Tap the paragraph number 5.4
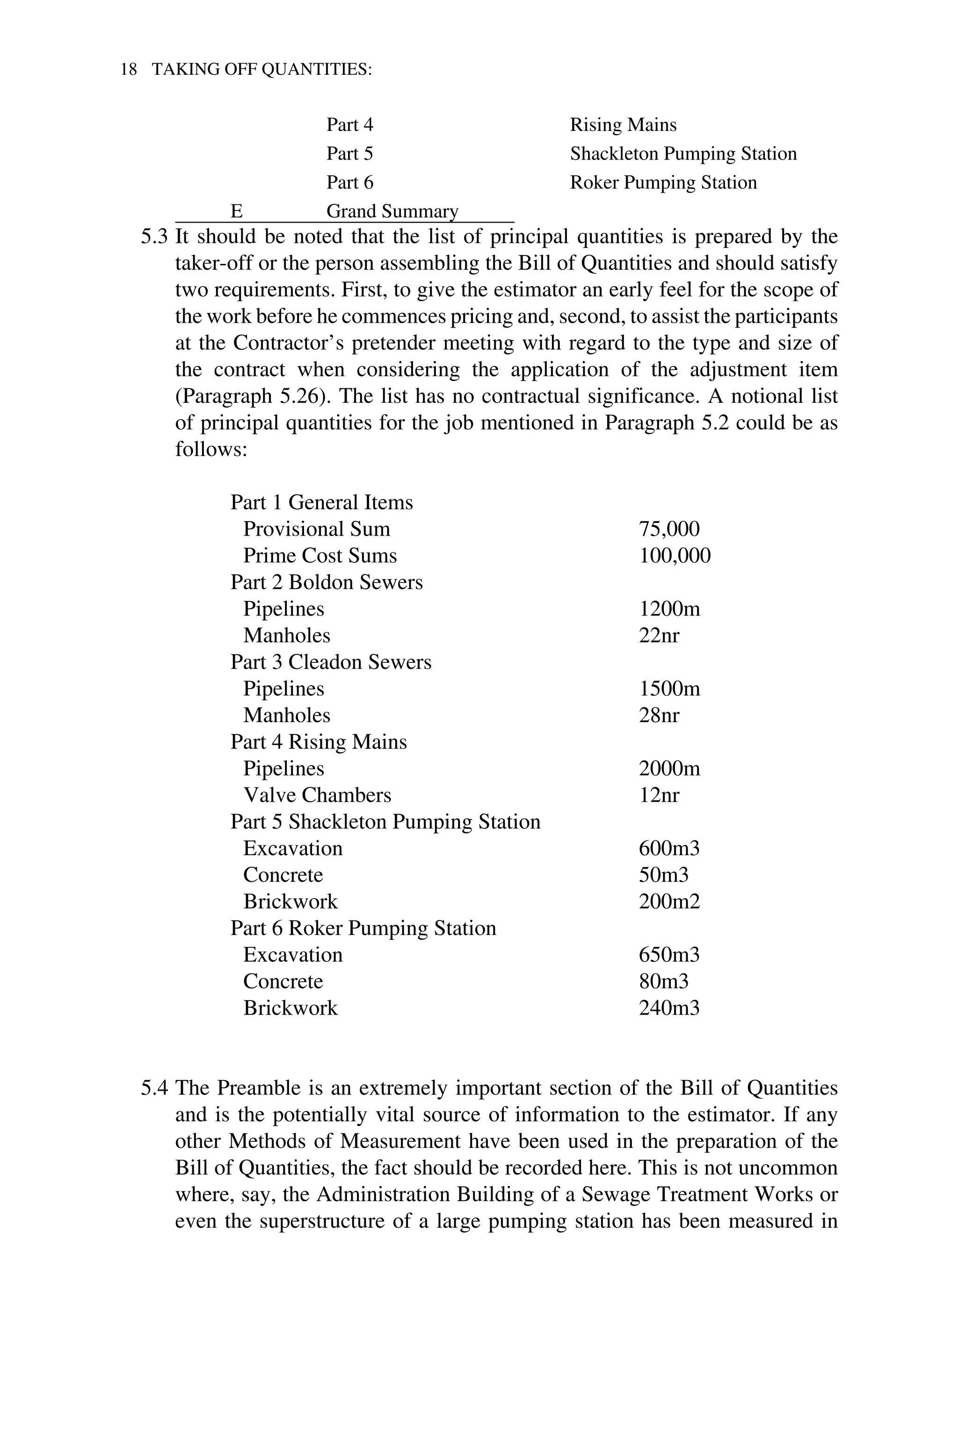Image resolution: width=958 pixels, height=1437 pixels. coord(153,1088)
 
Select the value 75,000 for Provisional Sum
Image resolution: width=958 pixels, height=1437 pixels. coord(669,529)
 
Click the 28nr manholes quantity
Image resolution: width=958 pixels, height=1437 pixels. coord(659,715)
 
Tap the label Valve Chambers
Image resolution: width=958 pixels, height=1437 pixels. coord(317,796)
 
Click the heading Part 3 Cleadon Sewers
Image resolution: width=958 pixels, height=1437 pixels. coord(331,662)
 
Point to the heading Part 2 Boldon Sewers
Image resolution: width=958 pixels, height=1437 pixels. coord(326,582)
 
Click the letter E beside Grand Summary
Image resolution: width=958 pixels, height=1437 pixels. coord(236,211)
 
